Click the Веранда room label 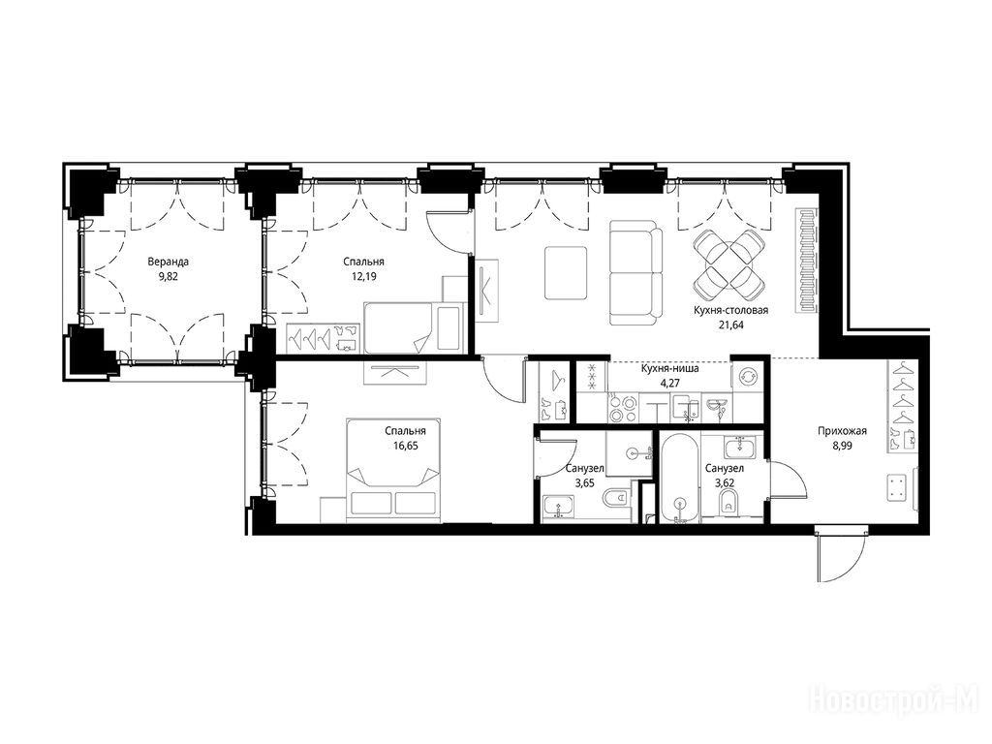pos(169,262)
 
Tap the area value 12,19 pos(364,276)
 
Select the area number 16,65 pos(406,446)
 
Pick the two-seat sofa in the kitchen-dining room pos(635,272)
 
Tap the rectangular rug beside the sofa pos(566,273)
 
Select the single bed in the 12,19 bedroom pos(415,327)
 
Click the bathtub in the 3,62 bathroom pos(680,479)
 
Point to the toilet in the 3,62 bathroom pos(729,503)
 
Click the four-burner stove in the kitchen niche pos(623,407)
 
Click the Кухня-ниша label pos(669,368)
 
